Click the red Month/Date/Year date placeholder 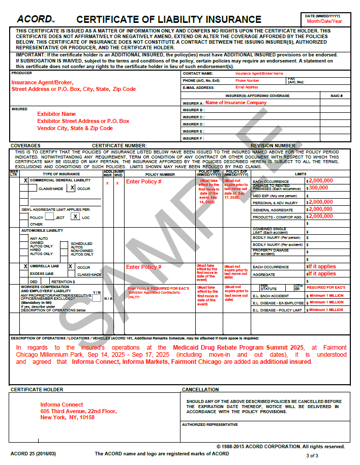coord(324,21)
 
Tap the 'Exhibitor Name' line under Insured coord(56,114)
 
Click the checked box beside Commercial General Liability coord(25,180)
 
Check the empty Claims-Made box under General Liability coord(34,189)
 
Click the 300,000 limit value coord(319,188)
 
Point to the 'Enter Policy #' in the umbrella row coord(143,267)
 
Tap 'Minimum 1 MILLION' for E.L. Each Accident coord(326,295)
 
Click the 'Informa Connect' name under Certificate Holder coord(62,405)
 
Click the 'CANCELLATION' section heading coord(200,390)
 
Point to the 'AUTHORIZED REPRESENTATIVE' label coord(209,424)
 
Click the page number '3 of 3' coord(312,456)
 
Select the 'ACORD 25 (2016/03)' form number coord(34,453)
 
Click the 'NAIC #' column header coord(336,96)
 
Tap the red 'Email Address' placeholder coord(246,87)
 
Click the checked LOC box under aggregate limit coord(75,216)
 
